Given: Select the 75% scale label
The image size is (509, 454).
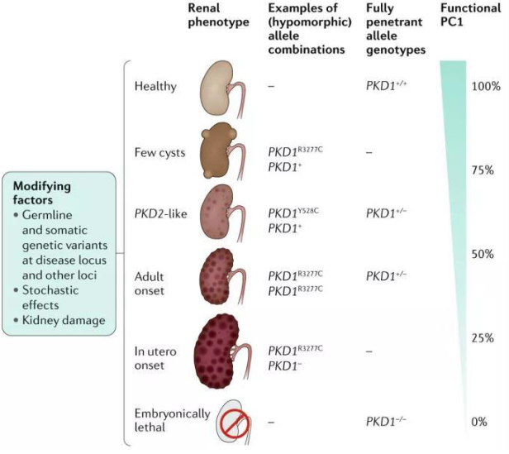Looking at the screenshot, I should pos(483,170).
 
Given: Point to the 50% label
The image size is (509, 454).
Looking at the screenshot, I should pos(483,254).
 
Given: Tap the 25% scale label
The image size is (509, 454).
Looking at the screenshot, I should pos(483,338).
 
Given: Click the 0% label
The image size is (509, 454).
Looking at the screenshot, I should pos(479,422).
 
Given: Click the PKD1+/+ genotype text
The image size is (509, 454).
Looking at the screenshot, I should pos(385,86).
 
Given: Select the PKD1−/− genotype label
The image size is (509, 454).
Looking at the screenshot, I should pos(385,422).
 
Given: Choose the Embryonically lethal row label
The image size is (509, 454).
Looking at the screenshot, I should pos(171,420).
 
